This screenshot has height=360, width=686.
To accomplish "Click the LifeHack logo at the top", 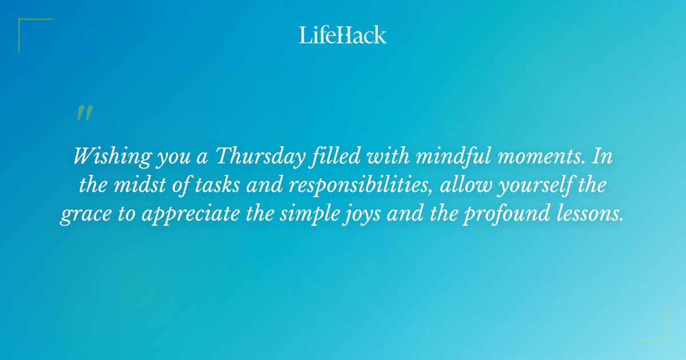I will point(343,35).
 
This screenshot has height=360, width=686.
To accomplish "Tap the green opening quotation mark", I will point(84,113).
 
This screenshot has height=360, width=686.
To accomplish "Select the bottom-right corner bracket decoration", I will point(657,331).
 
